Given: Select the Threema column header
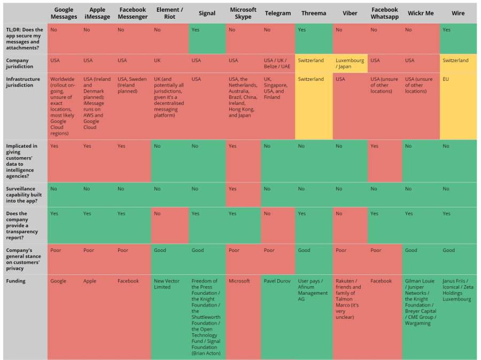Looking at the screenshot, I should (x=313, y=13).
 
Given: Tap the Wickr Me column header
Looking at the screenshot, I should (x=421, y=13).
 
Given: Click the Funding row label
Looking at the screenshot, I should (x=15, y=281).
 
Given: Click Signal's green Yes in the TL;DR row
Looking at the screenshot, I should (x=196, y=30).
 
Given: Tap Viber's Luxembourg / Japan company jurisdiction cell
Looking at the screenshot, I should (x=350, y=63).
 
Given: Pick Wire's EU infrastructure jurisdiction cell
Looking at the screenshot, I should (x=447, y=79).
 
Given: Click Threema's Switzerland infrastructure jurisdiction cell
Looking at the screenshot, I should (x=311, y=79).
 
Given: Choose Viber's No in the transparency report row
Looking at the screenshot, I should (x=339, y=213).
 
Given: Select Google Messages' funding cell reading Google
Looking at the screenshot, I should (x=58, y=281).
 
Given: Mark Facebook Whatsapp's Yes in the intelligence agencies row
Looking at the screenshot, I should (x=374, y=146).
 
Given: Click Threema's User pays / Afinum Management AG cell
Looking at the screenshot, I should (x=313, y=290).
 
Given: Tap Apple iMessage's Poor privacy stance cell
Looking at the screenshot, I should (x=89, y=250).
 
